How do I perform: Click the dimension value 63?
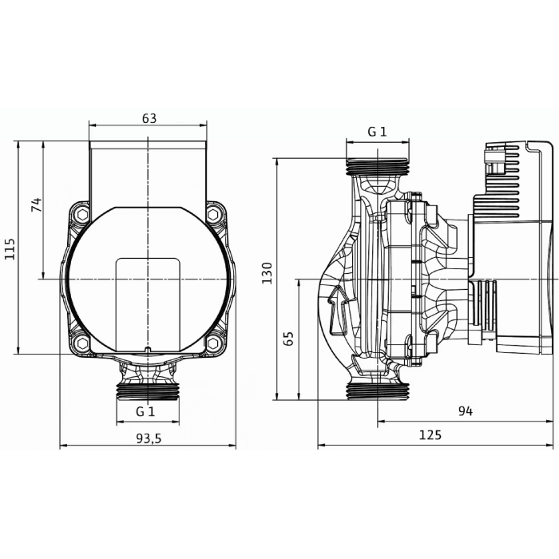pyautogui.click(x=149, y=118)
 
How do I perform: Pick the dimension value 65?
pyautogui.click(x=289, y=337)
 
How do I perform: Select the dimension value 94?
pyautogui.click(x=466, y=411)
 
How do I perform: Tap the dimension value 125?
pyautogui.click(x=430, y=435)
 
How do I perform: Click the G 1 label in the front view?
pyautogui.click(x=145, y=411)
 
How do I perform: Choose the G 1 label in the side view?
pyautogui.click(x=377, y=132)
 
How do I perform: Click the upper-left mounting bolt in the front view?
pyautogui.click(x=81, y=214)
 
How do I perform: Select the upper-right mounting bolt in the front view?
pyautogui.click(x=214, y=214)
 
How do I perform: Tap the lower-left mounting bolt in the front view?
pyautogui.click(x=81, y=343)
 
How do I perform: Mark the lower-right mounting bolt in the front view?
pyautogui.click(x=214, y=343)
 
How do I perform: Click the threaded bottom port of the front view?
pyautogui.click(x=148, y=390)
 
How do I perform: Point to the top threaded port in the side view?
pyautogui.click(x=377, y=167)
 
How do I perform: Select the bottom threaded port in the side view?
pyautogui.click(x=377, y=391)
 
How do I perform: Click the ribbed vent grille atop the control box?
pyautogui.click(x=503, y=164)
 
